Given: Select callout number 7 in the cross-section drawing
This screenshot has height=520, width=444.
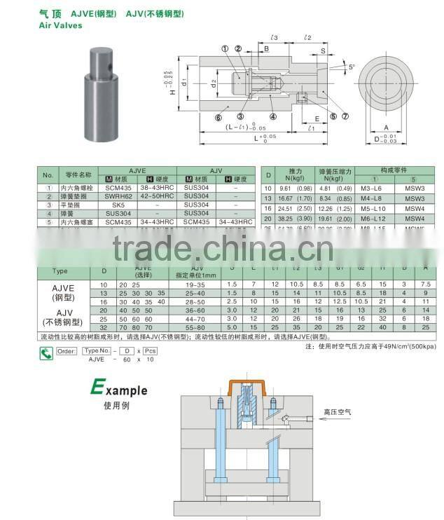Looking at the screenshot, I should click(x=345, y=116).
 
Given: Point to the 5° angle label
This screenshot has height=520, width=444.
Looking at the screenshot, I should click(x=352, y=67).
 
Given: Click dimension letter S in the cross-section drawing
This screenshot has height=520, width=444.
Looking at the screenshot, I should click(x=323, y=50).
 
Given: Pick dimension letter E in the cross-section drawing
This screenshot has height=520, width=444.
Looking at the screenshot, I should click(x=317, y=119).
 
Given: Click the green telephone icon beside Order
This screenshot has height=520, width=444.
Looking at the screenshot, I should click(x=46, y=353).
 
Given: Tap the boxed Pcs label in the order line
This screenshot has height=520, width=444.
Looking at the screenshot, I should click(x=151, y=350).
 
